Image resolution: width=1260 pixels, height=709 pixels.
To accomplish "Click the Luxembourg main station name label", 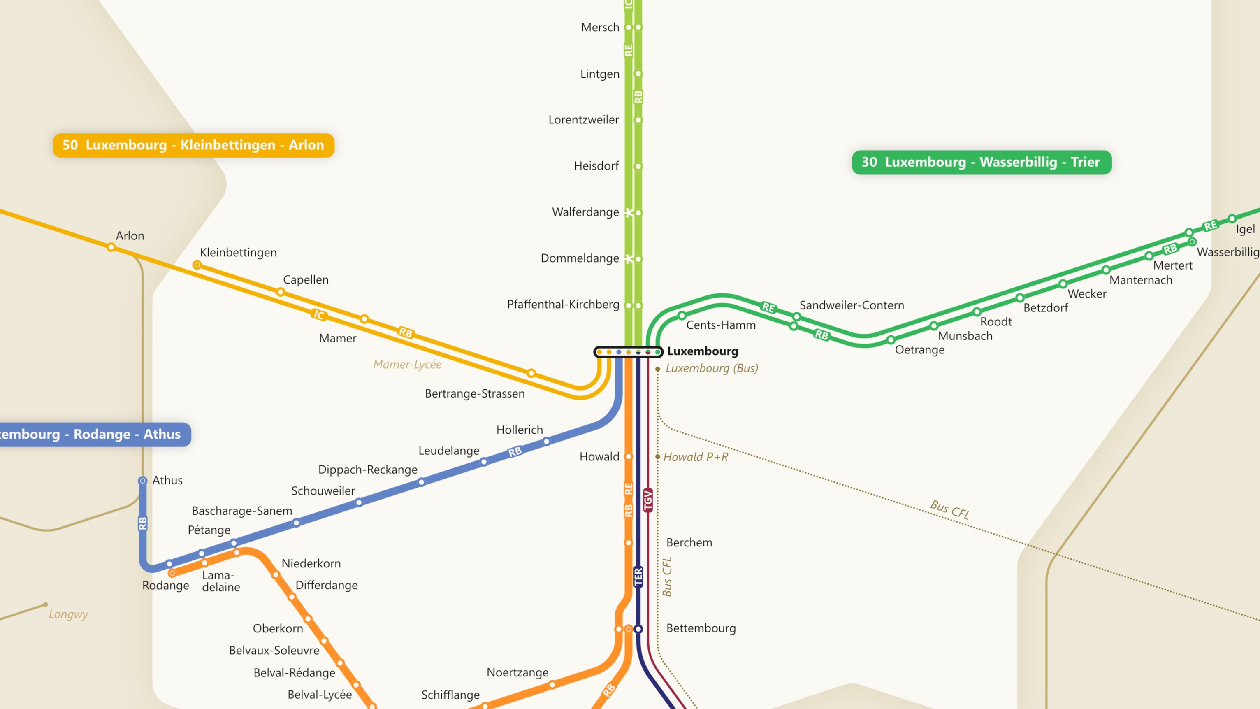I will (702, 351).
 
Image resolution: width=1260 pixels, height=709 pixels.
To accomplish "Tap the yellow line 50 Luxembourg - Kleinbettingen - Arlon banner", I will (193, 145).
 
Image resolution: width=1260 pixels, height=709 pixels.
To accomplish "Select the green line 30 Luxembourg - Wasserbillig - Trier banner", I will (981, 163).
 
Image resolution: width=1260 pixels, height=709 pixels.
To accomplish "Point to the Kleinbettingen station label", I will (238, 253).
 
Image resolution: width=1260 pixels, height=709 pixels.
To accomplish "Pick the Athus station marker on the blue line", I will (142, 481).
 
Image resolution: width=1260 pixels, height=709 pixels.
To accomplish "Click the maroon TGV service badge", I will (648, 500).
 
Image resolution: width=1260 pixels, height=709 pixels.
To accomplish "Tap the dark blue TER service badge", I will (638, 577).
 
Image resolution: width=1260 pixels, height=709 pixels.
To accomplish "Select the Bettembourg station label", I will (701, 628).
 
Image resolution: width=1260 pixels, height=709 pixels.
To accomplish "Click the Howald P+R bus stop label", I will (696, 457).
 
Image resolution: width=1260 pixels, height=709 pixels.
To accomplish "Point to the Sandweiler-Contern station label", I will (852, 305).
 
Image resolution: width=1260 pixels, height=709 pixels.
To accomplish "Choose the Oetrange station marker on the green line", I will (891, 339).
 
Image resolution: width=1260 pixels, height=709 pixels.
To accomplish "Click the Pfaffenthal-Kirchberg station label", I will (563, 305).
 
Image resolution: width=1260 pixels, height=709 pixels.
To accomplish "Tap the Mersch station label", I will (600, 28).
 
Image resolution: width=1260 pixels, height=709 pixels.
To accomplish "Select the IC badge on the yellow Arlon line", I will (319, 315).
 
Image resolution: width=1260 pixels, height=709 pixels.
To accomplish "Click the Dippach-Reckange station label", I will (368, 470).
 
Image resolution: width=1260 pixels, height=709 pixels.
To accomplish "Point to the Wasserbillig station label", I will (1228, 252).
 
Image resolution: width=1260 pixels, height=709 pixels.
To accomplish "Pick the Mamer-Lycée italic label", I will (407, 365).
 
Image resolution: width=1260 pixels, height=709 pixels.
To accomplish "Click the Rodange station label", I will (165, 586).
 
